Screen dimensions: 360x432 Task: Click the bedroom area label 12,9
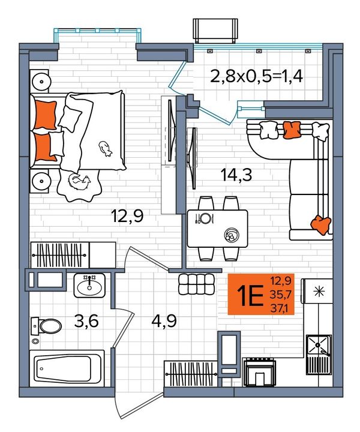point(127,216)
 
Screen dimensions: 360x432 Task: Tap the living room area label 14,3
point(236,175)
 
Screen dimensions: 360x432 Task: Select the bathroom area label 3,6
point(86,321)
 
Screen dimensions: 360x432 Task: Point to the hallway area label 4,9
point(164,321)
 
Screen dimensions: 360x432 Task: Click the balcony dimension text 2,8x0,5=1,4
point(256,76)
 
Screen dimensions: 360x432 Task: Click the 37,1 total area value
point(279,308)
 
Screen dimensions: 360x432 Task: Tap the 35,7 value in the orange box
point(280,295)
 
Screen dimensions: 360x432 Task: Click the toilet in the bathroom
point(46,326)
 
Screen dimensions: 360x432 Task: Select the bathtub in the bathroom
point(67,368)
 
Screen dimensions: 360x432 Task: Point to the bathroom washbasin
point(89,286)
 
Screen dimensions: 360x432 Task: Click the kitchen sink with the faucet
point(319,346)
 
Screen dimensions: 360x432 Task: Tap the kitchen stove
point(259,371)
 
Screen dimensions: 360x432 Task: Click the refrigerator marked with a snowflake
point(317,291)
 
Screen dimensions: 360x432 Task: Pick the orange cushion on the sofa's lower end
point(321,224)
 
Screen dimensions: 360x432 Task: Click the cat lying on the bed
point(105,149)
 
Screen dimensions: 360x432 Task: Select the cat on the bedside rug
point(79,182)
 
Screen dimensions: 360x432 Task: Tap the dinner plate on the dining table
point(205,218)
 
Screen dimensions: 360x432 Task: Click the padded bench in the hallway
point(196,284)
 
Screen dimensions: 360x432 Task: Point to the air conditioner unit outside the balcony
point(215,31)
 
